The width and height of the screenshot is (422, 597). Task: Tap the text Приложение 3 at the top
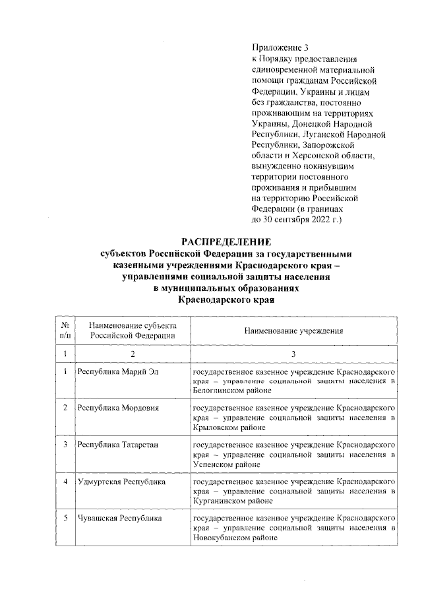click(x=280, y=47)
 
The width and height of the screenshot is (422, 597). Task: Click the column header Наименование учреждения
click(x=294, y=329)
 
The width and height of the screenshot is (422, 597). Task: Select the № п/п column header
click(x=65, y=329)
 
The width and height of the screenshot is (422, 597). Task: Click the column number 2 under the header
click(x=133, y=355)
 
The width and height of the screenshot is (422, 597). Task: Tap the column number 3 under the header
click(x=294, y=355)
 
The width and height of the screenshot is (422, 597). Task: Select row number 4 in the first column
click(x=65, y=482)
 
